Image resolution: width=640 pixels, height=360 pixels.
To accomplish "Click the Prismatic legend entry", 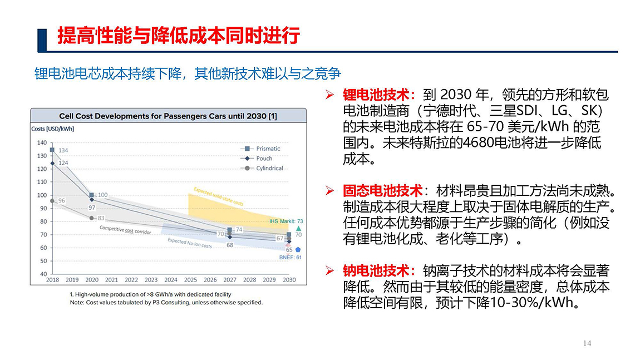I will tap(268, 149).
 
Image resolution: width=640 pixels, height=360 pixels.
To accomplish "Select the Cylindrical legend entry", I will tap(269, 168).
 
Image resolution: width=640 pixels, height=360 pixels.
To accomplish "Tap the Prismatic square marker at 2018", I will tap(52, 150).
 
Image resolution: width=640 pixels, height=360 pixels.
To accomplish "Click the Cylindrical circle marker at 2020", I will tap(92, 218).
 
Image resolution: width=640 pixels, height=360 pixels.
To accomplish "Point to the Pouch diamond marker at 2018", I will tap(52, 163).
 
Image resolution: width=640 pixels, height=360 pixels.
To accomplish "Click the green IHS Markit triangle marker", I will tap(298, 228).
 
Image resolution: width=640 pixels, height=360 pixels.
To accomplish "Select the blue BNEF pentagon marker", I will tap(298, 250).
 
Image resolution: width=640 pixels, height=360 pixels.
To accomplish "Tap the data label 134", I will tap(63, 151).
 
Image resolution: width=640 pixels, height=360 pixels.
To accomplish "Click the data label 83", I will tap(101, 218).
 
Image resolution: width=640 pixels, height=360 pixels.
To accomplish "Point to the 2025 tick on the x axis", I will tap(190, 280).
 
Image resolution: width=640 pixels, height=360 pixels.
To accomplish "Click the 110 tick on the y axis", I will tap(42, 182).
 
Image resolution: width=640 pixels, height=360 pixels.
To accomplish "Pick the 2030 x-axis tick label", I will tap(289, 280).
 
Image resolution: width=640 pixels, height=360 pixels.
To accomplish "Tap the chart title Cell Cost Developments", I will tap(168, 116).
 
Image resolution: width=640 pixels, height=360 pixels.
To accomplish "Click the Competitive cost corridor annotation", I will tap(125, 229).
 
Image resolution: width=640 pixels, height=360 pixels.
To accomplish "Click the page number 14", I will tap(587, 343).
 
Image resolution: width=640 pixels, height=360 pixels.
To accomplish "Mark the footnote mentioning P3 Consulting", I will tap(166, 303).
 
